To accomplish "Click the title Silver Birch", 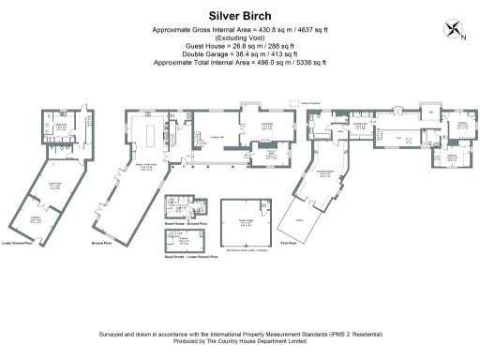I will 240,15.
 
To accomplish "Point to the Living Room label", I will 266,124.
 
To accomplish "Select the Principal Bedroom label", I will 324,173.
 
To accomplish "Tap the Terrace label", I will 300,218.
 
